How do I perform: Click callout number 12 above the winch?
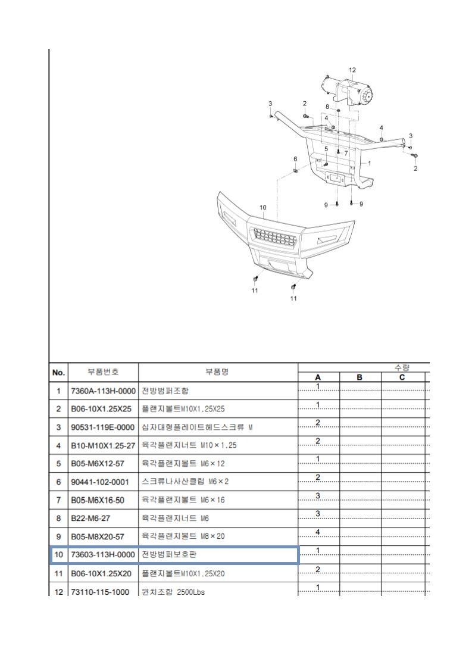(x=352, y=70)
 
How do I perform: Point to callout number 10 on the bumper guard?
(x=263, y=208)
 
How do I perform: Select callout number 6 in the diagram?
(x=295, y=159)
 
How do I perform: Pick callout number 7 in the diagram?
(x=346, y=153)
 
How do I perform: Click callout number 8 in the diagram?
(x=327, y=107)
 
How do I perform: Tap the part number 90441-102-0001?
(x=100, y=482)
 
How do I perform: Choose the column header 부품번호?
(x=103, y=372)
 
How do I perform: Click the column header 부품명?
(x=218, y=372)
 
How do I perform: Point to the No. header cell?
(x=58, y=373)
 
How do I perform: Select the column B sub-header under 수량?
(x=360, y=377)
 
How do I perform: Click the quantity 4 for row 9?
(x=318, y=532)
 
